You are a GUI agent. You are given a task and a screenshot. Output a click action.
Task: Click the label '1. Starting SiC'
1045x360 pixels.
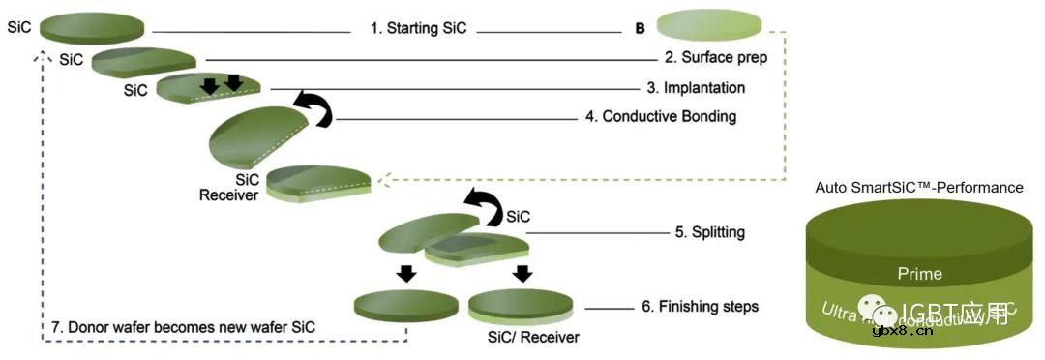[x=418, y=28]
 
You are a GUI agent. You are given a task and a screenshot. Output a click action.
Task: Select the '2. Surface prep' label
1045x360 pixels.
[x=716, y=57]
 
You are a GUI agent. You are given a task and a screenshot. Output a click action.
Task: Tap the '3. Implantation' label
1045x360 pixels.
[x=696, y=88]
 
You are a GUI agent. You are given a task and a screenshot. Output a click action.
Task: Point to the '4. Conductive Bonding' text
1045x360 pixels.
[x=661, y=117]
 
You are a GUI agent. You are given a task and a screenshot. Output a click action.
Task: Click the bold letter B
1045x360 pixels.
[x=640, y=29]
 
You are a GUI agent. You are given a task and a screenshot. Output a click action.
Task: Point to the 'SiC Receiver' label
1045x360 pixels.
[x=228, y=188]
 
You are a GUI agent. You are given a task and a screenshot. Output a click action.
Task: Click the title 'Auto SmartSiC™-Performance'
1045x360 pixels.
[x=918, y=188]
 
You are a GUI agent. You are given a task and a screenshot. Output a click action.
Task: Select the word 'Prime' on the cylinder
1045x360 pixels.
[x=918, y=275]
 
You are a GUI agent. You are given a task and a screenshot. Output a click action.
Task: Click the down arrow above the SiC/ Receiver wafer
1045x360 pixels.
[x=522, y=273]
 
